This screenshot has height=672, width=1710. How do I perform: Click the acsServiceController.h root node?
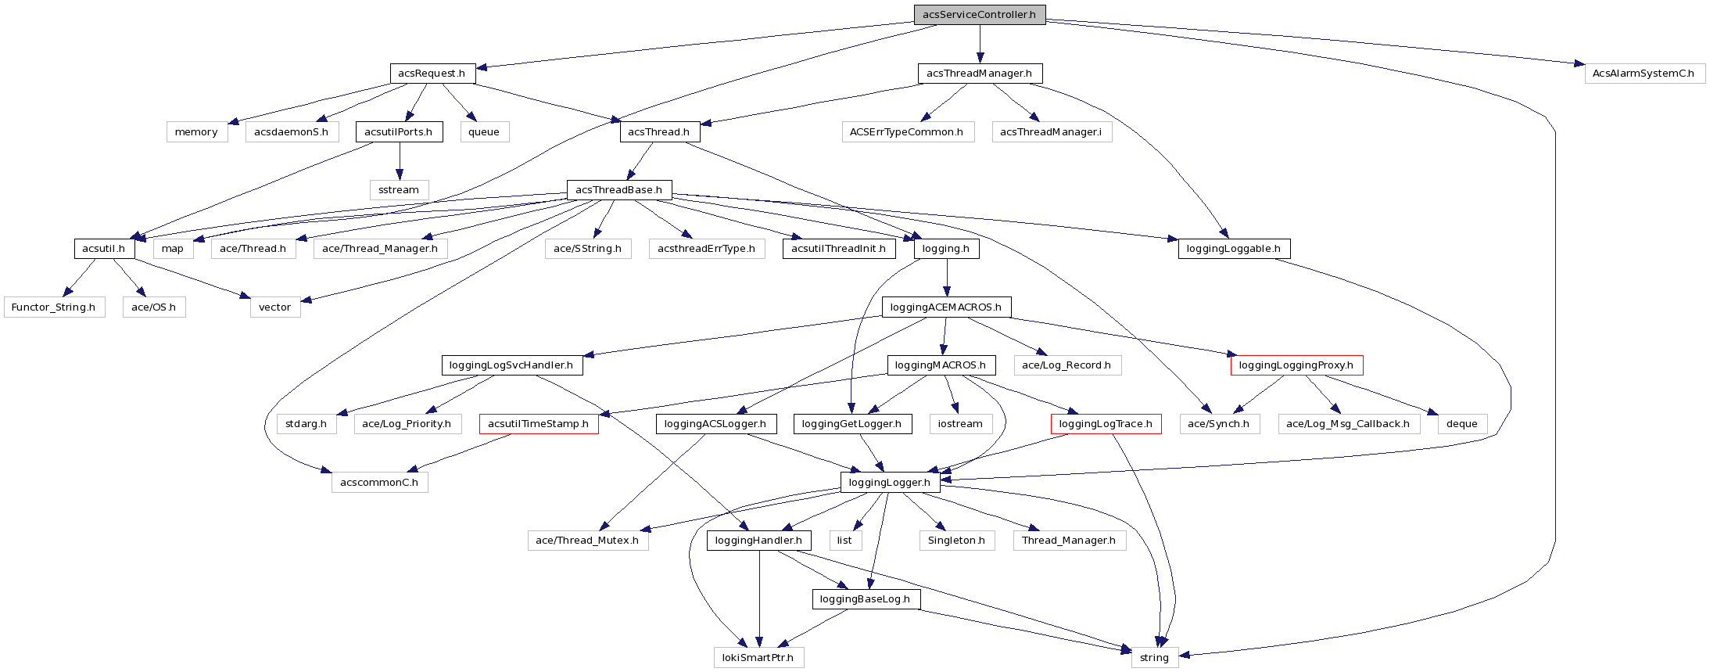[979, 15]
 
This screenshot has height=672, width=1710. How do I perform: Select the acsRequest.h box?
[432, 74]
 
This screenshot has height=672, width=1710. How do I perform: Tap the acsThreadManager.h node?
[979, 74]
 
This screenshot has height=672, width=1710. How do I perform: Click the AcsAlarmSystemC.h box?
[1644, 74]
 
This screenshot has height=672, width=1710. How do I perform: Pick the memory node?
[196, 132]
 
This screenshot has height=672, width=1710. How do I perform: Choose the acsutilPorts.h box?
[399, 132]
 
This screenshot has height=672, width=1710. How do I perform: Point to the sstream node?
[399, 190]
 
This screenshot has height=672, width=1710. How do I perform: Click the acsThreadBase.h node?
[618, 190]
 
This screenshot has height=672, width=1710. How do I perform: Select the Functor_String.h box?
[53, 307]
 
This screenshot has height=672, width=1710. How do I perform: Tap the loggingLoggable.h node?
[1234, 249]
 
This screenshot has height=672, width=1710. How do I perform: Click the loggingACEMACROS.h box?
[946, 307]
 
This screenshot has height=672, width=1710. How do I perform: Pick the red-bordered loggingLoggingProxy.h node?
[1296, 365]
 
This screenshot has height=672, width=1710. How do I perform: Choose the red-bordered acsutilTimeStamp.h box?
[539, 424]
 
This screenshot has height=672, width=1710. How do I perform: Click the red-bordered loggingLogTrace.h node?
[1106, 424]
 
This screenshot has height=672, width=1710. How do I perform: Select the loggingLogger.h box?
[890, 483]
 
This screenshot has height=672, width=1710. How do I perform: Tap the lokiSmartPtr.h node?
[758, 658]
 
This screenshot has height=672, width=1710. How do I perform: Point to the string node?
[1154, 658]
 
